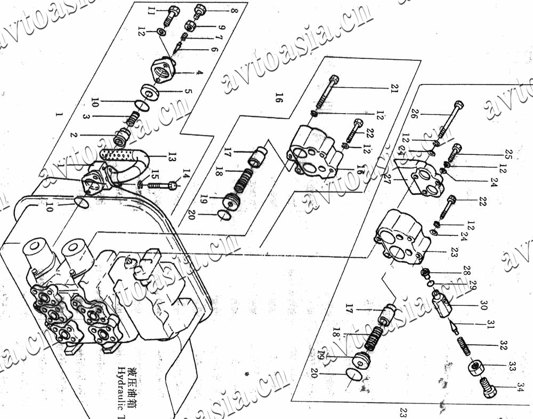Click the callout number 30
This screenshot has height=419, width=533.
(483, 305)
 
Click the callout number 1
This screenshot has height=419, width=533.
(59, 114)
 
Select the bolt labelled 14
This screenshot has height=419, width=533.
(159, 185)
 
